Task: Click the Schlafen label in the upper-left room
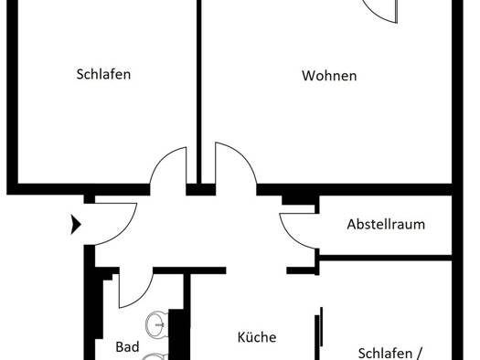pos(103,74)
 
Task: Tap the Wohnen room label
pos(329,76)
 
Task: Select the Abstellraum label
pos(386,224)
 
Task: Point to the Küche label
pos(257,337)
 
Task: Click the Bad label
pos(127,347)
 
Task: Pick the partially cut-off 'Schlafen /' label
pos(390,354)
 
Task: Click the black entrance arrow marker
pos(75,225)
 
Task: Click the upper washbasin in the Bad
pos(157,323)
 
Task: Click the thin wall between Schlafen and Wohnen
pos(199,91)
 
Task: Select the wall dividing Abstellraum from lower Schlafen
pos(385,259)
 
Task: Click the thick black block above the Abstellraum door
pos(298,200)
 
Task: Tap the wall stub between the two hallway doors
pos(201,190)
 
